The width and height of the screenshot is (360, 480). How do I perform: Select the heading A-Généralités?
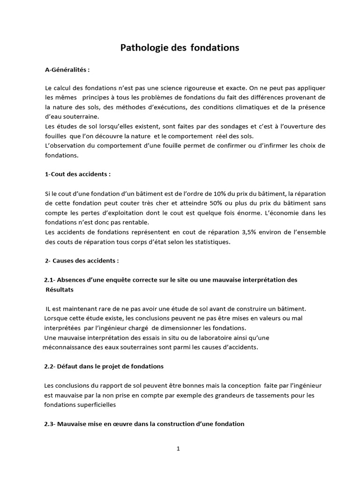67,70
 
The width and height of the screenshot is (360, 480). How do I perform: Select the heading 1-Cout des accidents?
78,174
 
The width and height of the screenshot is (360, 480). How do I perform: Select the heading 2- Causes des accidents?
82,260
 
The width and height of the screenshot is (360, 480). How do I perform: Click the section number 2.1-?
50,280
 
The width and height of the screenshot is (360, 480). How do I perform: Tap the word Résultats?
60,290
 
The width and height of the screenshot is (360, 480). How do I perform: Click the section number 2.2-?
51,366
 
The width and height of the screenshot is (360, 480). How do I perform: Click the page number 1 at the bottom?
178,449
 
